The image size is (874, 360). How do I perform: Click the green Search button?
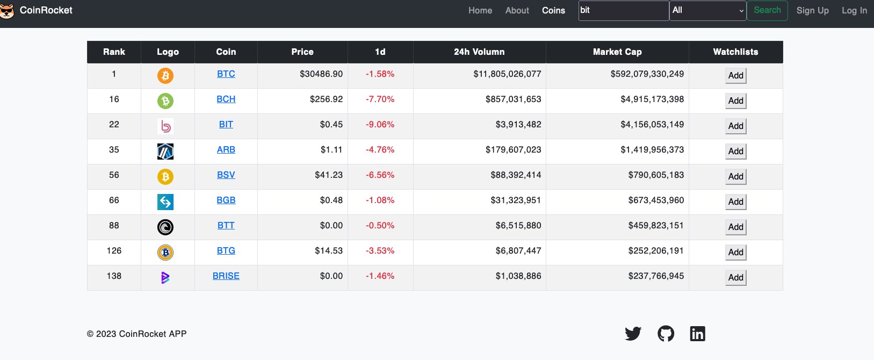767,10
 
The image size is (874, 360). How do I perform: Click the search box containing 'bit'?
623,10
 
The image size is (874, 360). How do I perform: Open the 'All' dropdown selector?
707,10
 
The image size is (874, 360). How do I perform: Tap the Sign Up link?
812,10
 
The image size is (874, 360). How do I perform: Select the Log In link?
854,10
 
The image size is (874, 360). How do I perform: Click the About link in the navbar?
517,10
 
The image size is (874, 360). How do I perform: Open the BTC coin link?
226,74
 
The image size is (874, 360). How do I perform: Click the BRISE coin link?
226,276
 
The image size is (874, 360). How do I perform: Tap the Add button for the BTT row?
735,227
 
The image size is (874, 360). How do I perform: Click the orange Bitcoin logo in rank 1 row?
165,76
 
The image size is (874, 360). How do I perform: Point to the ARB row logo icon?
165,152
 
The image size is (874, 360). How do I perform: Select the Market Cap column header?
617,52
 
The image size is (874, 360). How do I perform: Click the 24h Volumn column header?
479,52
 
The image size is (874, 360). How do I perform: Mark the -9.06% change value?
380,125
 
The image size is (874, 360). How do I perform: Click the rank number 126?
114,251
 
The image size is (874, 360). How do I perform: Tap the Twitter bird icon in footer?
633,334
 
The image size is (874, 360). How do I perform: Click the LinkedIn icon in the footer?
697,334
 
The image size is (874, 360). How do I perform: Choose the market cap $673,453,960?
656,200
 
